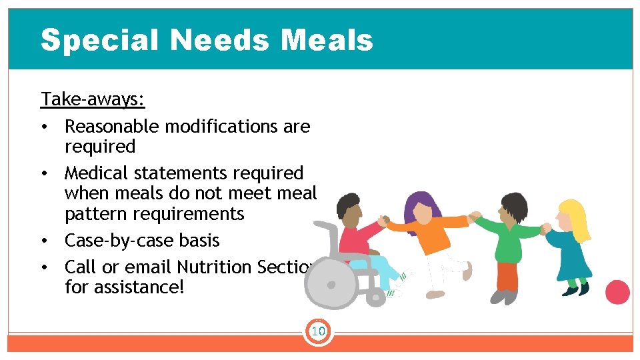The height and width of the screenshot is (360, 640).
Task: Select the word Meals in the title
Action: click(x=327, y=40)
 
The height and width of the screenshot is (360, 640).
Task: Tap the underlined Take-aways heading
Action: click(x=93, y=99)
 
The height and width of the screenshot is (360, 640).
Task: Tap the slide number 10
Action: click(x=318, y=331)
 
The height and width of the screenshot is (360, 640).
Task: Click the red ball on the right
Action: click(x=617, y=292)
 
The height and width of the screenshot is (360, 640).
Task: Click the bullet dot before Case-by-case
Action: click(x=44, y=241)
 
